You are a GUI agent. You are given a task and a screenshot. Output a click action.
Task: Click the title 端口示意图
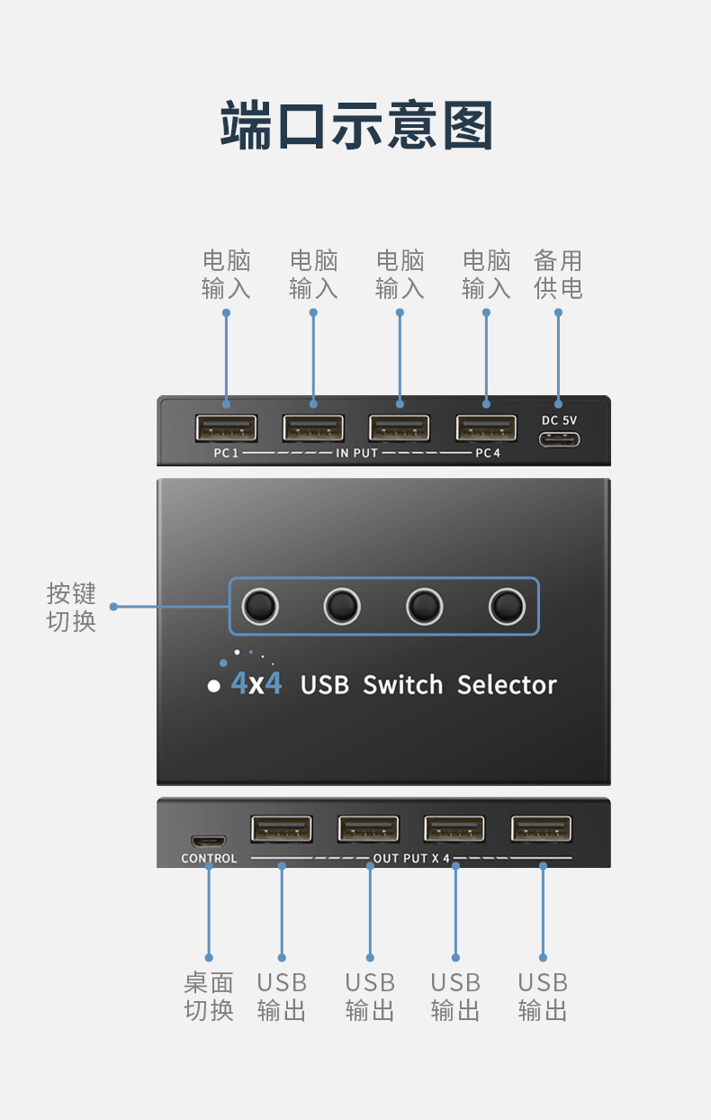pos(356,126)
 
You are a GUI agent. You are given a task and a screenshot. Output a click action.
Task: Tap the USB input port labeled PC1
pos(226,428)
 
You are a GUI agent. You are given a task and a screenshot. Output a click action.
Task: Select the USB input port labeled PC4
pos(486,428)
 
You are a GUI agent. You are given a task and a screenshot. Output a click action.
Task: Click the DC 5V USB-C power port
pos(559,440)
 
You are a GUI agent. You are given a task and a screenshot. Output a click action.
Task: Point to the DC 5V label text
pos(559,420)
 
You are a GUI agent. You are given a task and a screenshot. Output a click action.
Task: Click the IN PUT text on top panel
pos(356,453)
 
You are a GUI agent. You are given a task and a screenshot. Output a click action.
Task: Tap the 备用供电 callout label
pos(558,275)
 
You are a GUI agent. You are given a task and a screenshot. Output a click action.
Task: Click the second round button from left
pos(342,606)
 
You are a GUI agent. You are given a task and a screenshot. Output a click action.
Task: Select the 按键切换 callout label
pos(71,608)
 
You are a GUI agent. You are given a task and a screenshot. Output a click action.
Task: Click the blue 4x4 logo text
pos(256,683)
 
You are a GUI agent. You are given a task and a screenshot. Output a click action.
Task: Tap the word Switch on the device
pos(403,685)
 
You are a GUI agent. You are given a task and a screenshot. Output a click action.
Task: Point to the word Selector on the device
pos(507,685)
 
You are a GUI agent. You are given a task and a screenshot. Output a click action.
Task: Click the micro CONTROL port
pos(209,840)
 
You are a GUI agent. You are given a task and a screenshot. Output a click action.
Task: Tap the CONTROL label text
pos(209,859)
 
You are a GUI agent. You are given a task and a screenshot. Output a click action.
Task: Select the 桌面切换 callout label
pos(209,997)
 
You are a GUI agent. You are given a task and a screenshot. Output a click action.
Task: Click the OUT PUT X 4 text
pos(411,859)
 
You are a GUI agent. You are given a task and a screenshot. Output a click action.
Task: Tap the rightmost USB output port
pos(542,829)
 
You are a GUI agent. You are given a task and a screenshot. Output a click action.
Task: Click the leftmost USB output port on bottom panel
pos(282,829)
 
